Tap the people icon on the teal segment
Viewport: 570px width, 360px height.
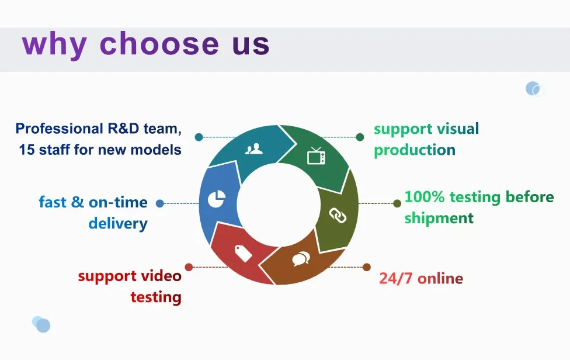tap(254, 149)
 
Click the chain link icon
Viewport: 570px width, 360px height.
tap(338, 215)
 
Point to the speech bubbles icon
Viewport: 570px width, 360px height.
tap(301, 258)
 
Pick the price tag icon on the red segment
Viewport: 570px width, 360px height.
tap(244, 252)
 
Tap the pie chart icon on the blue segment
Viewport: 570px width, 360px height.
tap(216, 199)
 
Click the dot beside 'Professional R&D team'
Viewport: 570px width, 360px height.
tap(199, 137)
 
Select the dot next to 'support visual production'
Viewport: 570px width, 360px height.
tap(360, 137)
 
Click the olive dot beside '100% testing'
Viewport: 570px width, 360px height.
tap(397, 203)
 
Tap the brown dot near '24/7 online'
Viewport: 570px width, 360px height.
tap(367, 267)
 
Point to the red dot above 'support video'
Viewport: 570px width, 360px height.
tap(189, 267)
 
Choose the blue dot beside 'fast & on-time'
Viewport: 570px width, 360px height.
tap(160, 203)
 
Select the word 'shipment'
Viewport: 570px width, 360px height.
tap(439, 218)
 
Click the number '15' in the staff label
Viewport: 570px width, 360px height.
tap(26, 150)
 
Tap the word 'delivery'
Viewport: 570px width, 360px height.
tap(118, 223)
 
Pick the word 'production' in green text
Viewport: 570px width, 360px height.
tap(415, 150)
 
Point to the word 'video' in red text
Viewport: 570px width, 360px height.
tap(161, 276)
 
